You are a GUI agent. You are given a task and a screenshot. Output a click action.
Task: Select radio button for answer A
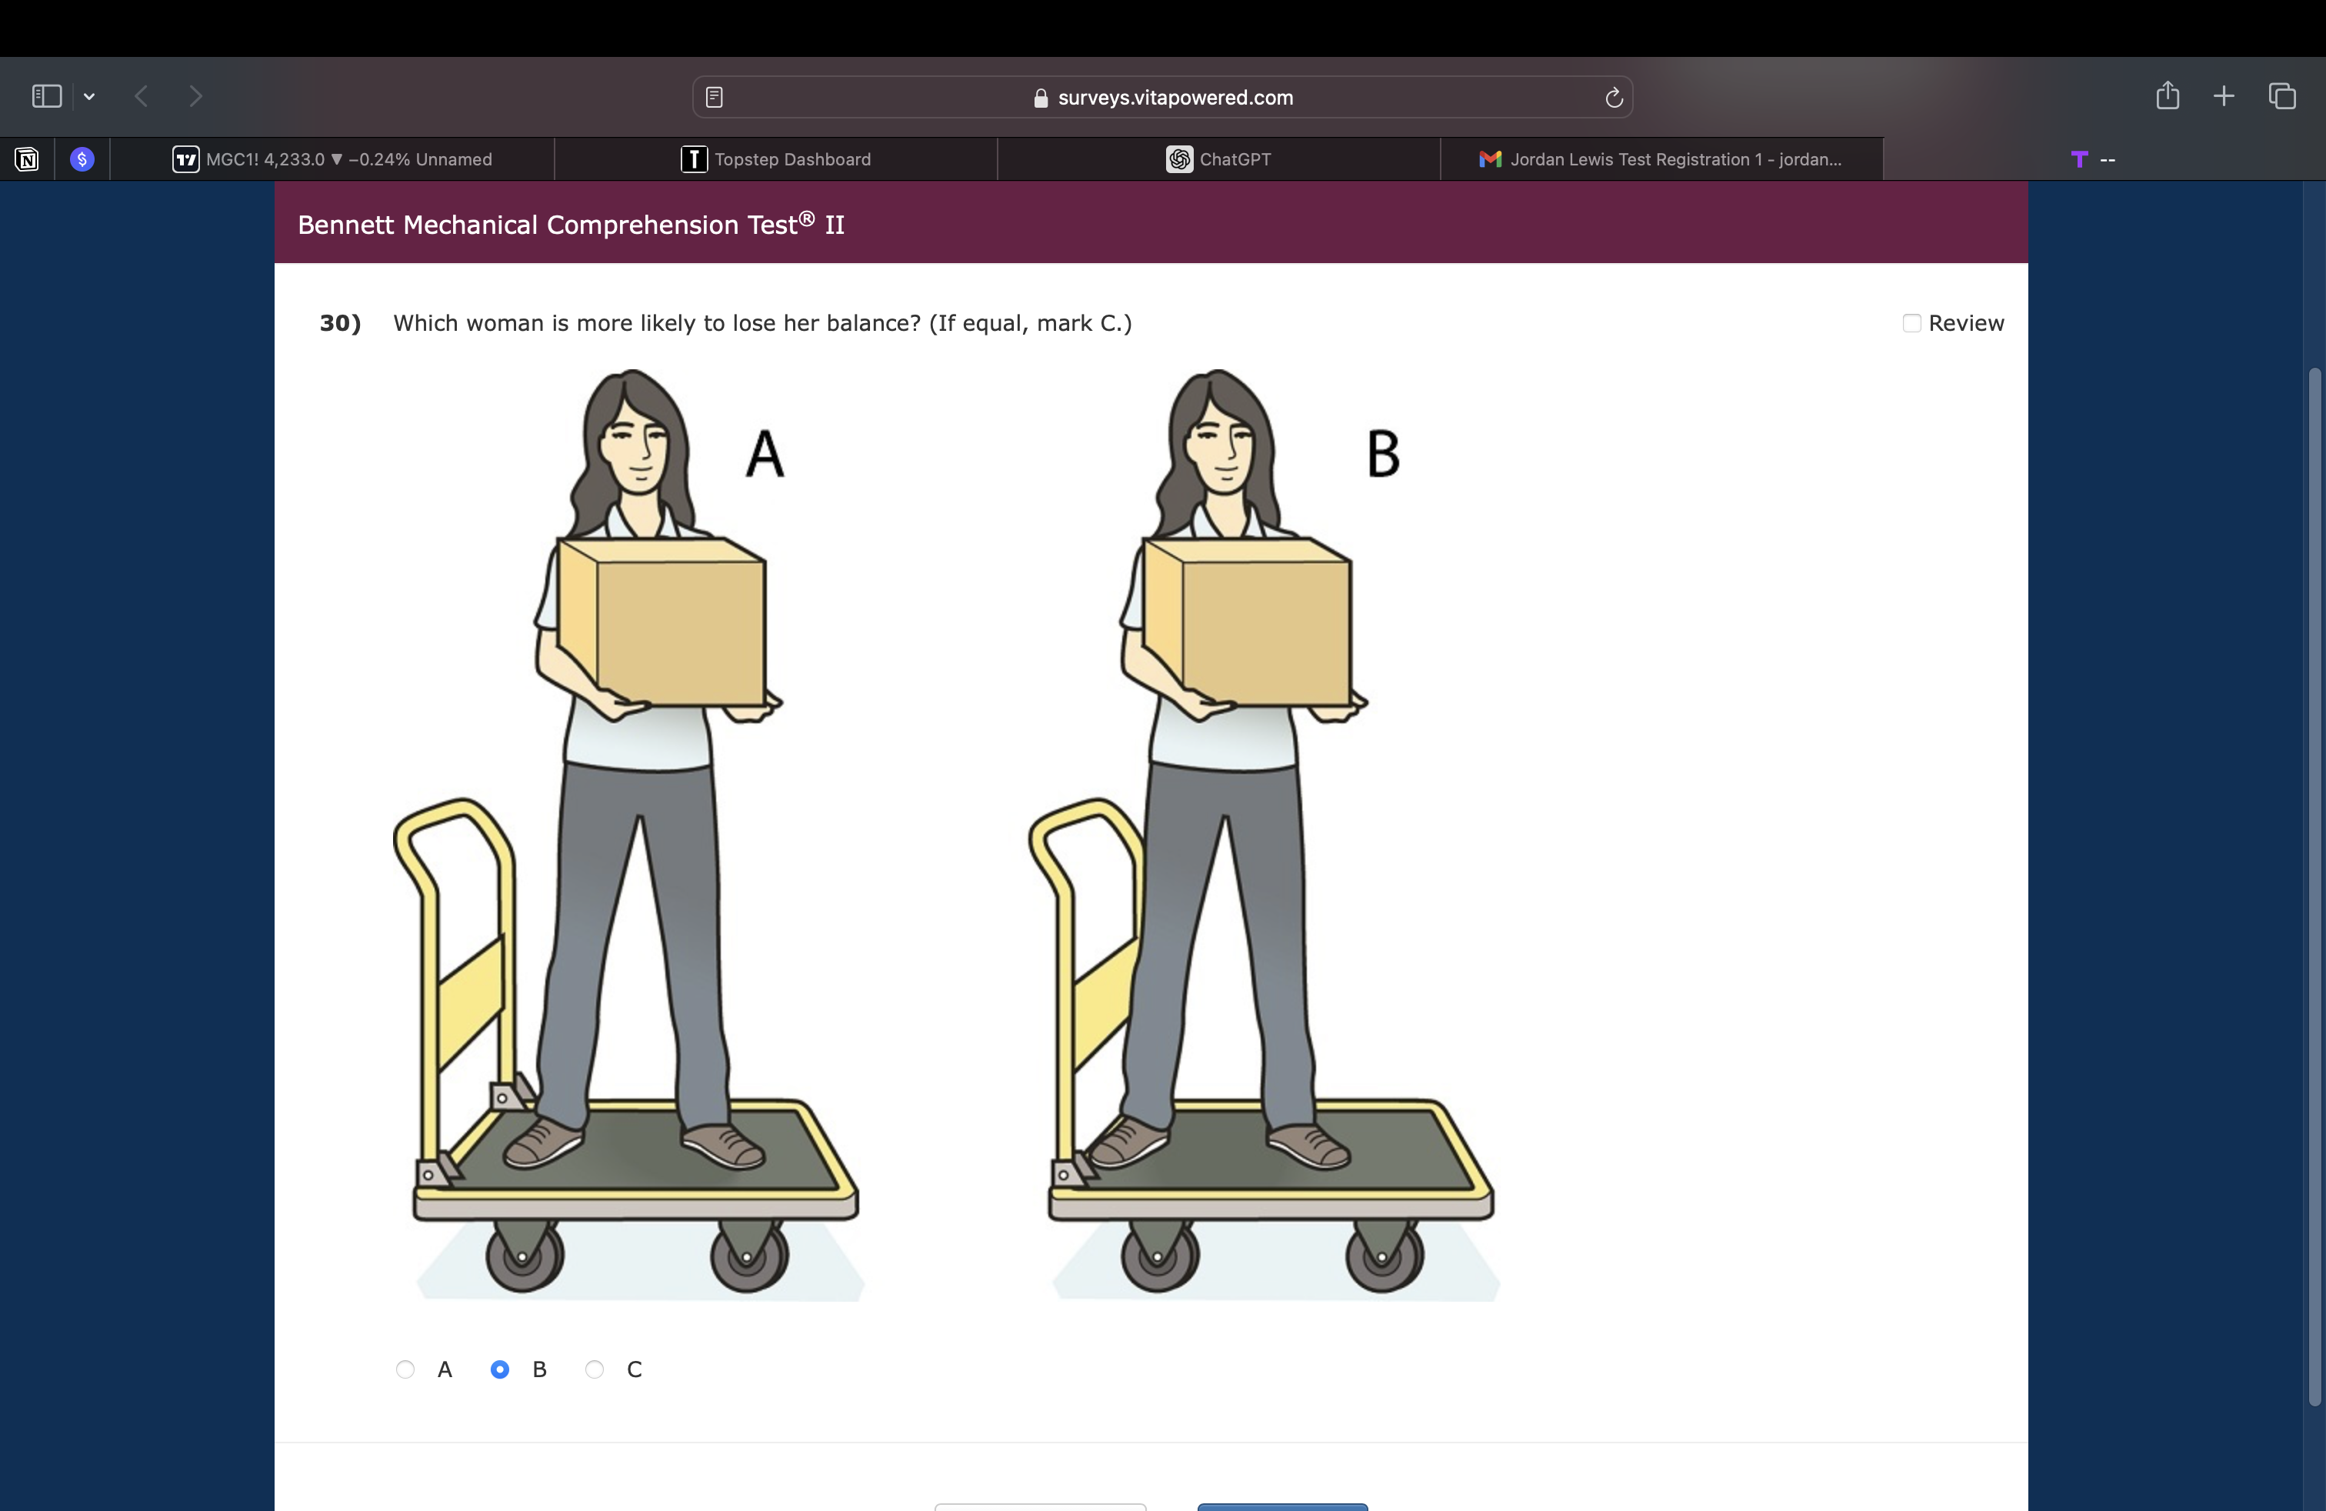coord(405,1369)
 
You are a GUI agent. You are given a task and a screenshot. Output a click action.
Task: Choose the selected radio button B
coord(499,1369)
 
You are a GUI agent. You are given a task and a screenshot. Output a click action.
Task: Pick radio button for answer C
coord(595,1369)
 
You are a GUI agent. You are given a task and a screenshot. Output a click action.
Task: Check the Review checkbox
coord(1911,323)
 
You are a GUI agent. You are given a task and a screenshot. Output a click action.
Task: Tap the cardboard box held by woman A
coord(661,622)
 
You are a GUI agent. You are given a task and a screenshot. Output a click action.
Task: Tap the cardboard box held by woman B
coord(1247,622)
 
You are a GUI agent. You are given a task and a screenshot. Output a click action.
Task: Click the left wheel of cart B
coord(1159,1256)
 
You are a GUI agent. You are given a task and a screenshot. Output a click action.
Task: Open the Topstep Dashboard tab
coord(776,159)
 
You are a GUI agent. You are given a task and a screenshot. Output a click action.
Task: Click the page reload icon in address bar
coord(1614,98)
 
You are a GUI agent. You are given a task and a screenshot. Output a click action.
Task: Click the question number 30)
coord(340,323)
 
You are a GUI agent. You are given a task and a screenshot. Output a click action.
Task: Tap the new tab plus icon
coord(2224,95)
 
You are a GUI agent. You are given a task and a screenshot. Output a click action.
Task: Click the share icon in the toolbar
coord(2168,95)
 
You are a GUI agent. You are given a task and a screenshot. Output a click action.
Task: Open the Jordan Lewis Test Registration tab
coord(1661,159)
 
